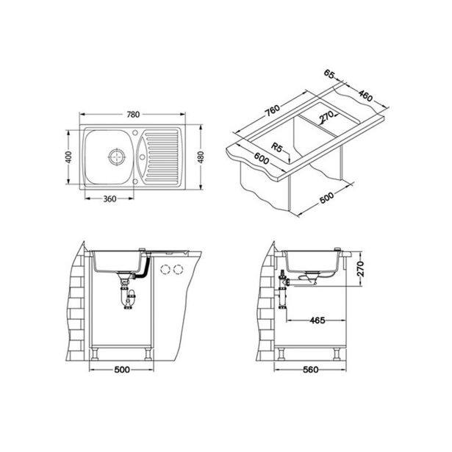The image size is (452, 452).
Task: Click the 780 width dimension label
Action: (133, 115)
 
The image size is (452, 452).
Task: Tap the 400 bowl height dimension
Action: (68, 157)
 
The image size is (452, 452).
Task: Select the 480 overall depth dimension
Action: (201, 157)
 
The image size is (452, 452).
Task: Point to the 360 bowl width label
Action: (110, 198)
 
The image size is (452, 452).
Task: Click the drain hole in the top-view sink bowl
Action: (117, 157)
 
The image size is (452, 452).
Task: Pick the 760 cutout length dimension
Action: (273, 110)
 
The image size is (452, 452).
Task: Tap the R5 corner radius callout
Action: (276, 148)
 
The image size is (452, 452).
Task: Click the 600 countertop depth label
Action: (262, 158)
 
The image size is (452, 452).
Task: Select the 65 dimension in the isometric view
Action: (329, 73)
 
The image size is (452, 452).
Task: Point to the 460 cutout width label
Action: (366, 96)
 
